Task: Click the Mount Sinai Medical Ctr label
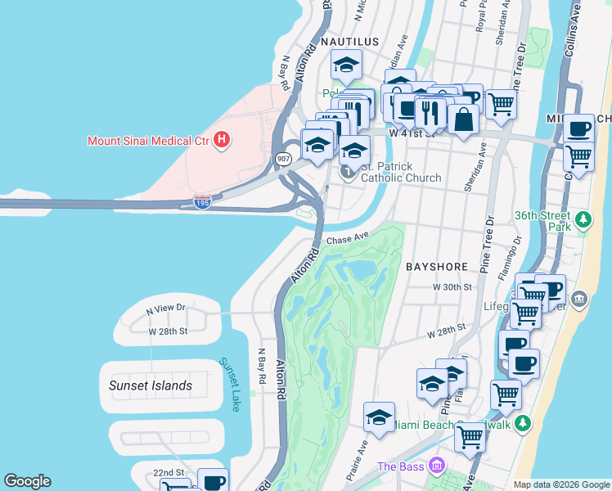(148, 140)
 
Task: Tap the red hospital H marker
(221, 141)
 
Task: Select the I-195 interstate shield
(202, 201)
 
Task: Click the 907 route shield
(283, 160)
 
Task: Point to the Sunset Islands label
(151, 385)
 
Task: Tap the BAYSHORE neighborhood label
(436, 267)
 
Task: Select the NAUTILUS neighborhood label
(349, 41)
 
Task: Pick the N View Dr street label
(166, 309)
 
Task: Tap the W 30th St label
(453, 287)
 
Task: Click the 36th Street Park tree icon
(583, 219)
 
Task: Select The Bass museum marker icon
(438, 466)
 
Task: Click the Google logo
(27, 481)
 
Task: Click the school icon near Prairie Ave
(379, 417)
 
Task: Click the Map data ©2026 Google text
(561, 484)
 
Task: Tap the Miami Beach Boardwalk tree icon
(524, 423)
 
